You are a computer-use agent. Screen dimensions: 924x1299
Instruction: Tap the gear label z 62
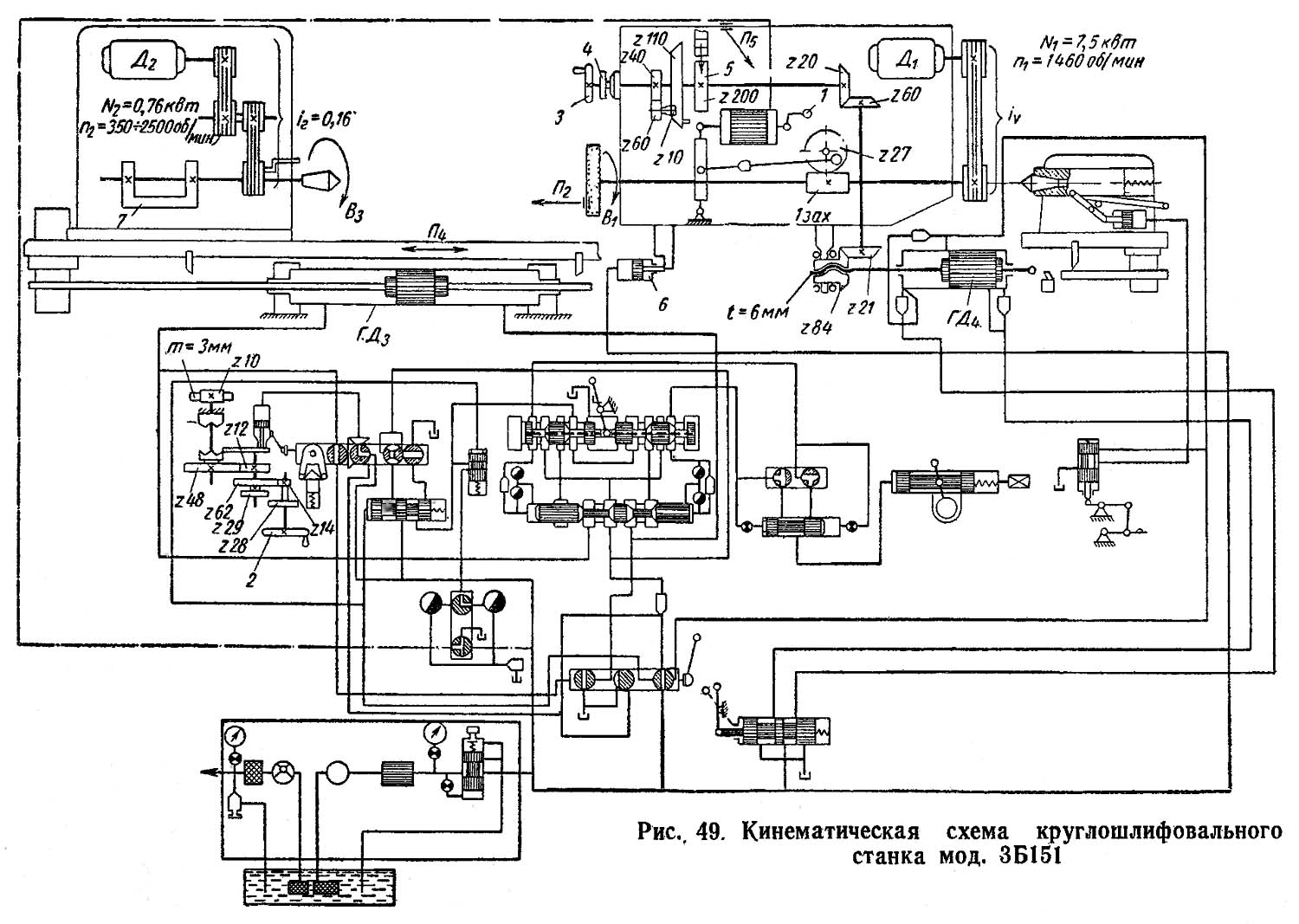coord(222,509)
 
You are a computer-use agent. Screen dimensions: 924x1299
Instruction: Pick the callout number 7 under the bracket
coord(124,220)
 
